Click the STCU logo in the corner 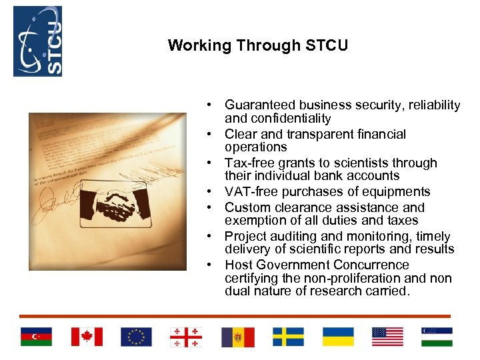38,41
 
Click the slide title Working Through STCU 257,46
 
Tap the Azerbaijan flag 36,337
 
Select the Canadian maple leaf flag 87,337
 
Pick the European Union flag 137,337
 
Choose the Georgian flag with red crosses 187,337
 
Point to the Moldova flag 237,337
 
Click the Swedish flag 288,337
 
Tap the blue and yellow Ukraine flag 338,337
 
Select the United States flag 387,337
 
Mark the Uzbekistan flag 437,337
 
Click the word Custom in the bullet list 244,207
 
